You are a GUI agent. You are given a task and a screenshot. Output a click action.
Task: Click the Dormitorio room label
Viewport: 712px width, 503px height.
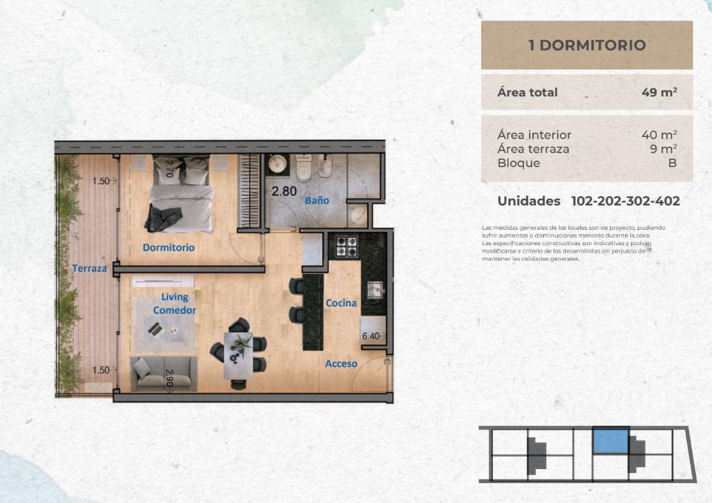tap(169, 247)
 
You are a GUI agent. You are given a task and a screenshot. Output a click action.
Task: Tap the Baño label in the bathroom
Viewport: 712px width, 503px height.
tap(317, 200)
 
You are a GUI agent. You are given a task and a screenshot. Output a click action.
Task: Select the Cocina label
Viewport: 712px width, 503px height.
tap(341, 303)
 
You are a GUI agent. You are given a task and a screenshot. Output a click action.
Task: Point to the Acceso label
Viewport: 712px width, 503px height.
tap(341, 363)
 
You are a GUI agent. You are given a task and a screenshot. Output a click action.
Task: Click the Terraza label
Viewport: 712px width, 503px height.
tap(89, 268)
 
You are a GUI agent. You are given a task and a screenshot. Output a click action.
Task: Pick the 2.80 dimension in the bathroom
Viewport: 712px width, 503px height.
tap(285, 191)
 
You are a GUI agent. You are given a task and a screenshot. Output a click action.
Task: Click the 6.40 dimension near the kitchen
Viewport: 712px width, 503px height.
tap(371, 336)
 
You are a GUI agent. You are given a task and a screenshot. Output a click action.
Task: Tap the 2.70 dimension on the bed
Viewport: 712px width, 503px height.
tap(170, 168)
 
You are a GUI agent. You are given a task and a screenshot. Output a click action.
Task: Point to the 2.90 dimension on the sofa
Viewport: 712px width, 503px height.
tap(170, 377)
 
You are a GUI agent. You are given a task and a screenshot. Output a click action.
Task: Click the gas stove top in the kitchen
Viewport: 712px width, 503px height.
tap(346, 246)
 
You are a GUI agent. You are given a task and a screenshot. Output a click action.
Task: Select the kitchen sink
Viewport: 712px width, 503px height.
tap(374, 290)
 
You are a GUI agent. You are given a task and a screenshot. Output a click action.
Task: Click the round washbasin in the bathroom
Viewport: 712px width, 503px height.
tap(276, 163)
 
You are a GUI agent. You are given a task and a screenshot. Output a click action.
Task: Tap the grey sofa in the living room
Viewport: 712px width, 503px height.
tap(164, 373)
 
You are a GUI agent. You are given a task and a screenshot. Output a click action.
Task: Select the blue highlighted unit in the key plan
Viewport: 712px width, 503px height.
tap(611, 441)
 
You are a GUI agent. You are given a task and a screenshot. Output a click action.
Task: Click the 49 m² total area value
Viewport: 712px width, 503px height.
tap(660, 92)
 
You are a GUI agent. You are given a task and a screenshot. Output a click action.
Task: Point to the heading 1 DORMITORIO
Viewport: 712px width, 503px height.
tap(587, 45)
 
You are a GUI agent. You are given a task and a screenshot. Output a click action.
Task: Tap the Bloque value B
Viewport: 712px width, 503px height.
tap(672, 163)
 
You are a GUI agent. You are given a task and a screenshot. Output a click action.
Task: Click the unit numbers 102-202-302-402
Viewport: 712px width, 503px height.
tap(625, 201)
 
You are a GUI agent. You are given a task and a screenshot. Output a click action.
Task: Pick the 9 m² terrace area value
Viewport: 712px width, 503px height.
tap(663, 149)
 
